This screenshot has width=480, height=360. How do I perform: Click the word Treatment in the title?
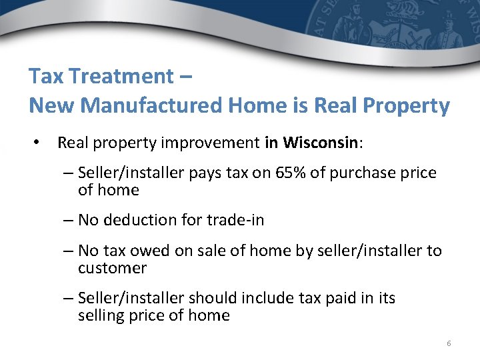[x=119, y=76]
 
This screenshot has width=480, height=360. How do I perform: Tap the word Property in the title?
[x=408, y=105]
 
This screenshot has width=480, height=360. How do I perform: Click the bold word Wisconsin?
[x=321, y=143]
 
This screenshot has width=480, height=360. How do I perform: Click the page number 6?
[x=449, y=343]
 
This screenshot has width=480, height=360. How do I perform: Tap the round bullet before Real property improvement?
[x=40, y=143]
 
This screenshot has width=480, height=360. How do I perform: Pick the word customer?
[x=112, y=268]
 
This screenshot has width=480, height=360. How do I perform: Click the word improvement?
[x=217, y=143]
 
